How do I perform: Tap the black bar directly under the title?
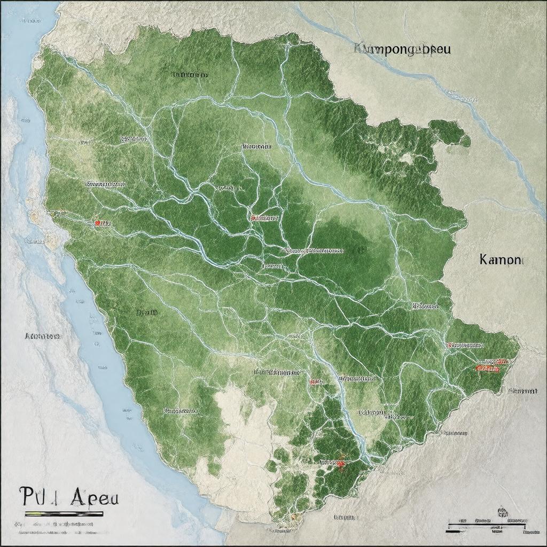click(x=64, y=514)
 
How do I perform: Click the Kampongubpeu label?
click(x=402, y=50)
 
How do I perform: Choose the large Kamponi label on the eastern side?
click(x=502, y=260)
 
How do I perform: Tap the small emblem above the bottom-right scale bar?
click(x=502, y=512)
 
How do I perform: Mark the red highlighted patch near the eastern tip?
click(x=487, y=368)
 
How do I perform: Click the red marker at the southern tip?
click(x=339, y=464)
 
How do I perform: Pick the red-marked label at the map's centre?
click(x=264, y=218)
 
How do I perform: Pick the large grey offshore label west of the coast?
click(x=43, y=337)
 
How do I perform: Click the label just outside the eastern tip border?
click(x=522, y=391)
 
